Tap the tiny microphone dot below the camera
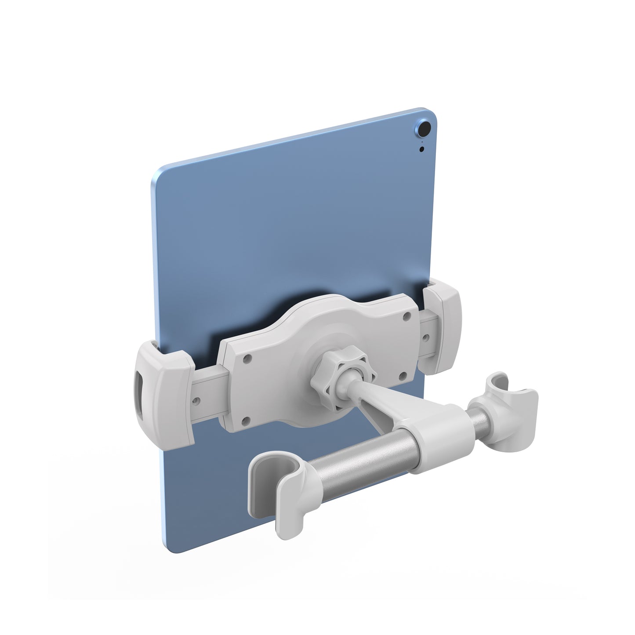point(422,149)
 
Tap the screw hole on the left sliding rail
point(197,401)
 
